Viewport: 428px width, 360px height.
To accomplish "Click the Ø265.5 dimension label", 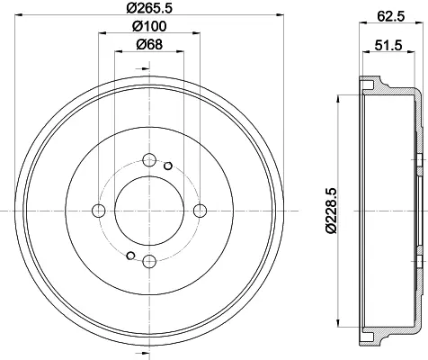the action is coord(149,7).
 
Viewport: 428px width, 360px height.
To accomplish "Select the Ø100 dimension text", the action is coord(149,26).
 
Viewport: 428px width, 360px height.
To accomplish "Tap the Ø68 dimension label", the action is coord(149,45).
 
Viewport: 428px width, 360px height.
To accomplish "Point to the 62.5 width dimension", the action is coord(391,16).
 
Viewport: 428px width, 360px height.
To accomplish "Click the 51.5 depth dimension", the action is coord(388,46).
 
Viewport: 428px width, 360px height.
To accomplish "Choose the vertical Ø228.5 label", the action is coord(332,211).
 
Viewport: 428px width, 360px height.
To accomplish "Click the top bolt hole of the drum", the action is coord(149,160).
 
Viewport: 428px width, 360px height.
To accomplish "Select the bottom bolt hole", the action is coord(149,262).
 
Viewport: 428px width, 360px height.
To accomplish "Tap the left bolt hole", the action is coord(99,211).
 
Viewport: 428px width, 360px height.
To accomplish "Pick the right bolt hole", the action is coord(200,211).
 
